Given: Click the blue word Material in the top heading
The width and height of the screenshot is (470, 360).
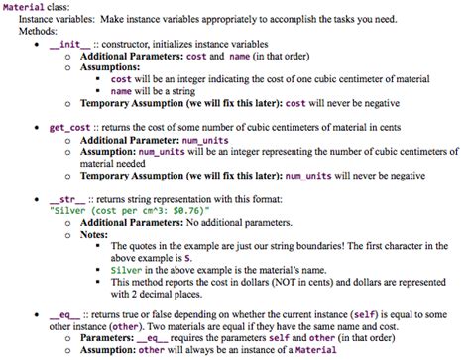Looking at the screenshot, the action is pyautogui.click(x=24, y=6).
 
